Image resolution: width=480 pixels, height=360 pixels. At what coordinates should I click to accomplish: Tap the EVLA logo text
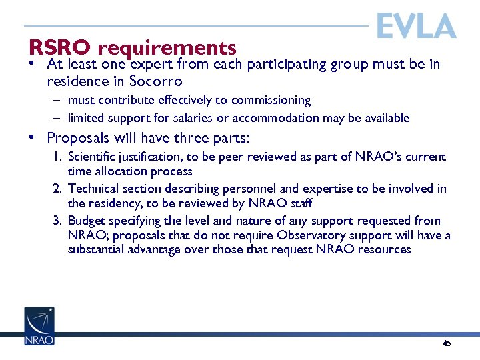(x=416, y=27)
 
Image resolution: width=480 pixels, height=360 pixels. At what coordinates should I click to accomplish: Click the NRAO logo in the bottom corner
(x=39, y=326)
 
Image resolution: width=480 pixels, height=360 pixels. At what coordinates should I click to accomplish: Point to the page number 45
(x=447, y=343)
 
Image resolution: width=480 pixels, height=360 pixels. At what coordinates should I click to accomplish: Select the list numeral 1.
(x=57, y=157)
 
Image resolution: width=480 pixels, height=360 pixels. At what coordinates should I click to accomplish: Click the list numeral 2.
(x=57, y=189)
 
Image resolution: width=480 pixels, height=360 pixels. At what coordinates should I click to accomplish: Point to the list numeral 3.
(x=57, y=221)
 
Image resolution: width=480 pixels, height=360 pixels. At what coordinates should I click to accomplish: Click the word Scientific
(x=93, y=157)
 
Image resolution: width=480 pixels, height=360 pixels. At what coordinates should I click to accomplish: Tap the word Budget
(x=86, y=221)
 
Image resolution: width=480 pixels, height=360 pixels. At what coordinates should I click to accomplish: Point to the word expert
(x=153, y=65)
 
